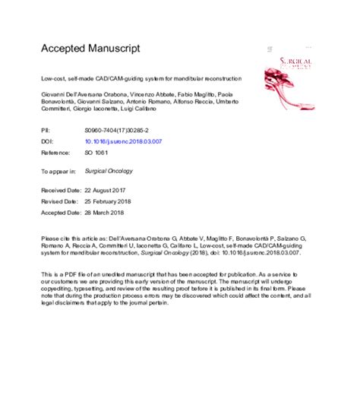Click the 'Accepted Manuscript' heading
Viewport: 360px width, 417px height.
tap(90, 48)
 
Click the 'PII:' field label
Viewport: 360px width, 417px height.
tap(46, 131)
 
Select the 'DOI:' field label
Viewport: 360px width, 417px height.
tap(47, 141)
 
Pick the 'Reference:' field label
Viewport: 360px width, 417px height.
tap(56, 151)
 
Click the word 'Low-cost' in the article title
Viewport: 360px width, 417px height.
tap(54, 78)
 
